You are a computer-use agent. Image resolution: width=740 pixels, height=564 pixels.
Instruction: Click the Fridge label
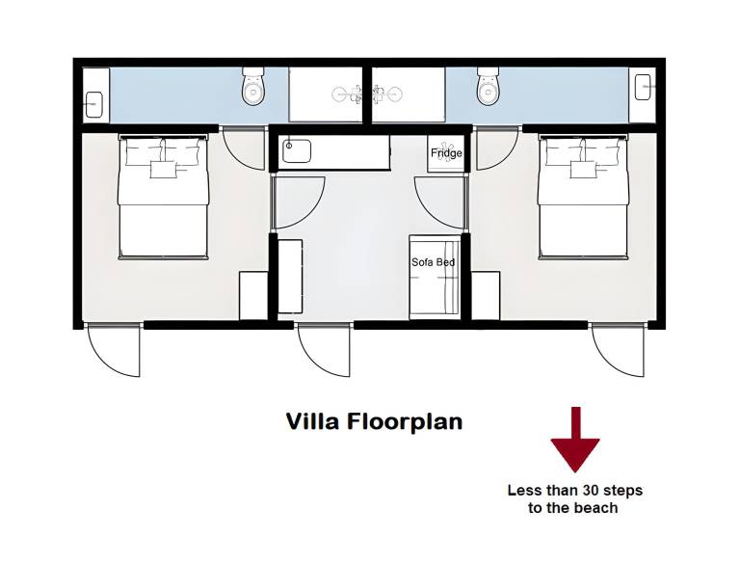446,153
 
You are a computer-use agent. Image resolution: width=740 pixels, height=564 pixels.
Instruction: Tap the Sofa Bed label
434,262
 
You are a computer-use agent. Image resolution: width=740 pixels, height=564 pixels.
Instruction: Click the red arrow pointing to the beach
575,440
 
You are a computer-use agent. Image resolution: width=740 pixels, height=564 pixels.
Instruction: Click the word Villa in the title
312,421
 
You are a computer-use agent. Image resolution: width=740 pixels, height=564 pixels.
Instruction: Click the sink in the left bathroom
94,104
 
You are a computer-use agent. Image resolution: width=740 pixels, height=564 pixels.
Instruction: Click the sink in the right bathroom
644,87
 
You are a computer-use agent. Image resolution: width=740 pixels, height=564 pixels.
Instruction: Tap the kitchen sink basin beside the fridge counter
297,151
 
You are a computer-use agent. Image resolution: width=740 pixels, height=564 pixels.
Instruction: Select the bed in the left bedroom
163,197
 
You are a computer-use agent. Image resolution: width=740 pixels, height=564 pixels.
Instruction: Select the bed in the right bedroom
583,197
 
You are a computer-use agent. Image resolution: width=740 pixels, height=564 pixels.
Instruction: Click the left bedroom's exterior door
115,350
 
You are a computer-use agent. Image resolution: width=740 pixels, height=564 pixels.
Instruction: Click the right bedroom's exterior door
619,350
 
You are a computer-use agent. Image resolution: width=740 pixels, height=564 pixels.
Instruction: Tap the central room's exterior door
325,350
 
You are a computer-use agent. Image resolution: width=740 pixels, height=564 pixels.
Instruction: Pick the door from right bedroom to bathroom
497,149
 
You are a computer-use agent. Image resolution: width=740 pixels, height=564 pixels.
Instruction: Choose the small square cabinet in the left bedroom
254,296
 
